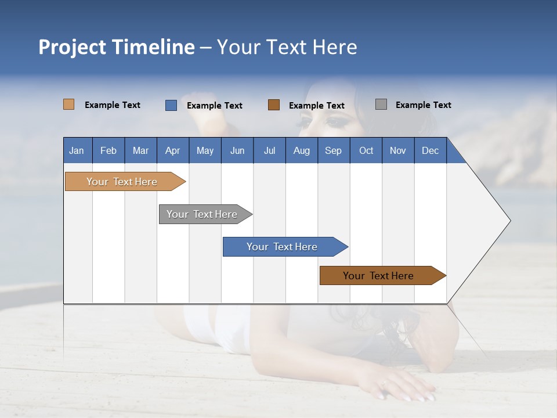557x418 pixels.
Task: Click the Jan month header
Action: (x=77, y=150)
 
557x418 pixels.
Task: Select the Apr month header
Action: (x=172, y=150)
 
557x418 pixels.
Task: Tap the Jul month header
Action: (x=269, y=150)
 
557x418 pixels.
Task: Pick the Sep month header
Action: (x=333, y=150)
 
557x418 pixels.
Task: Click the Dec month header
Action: (x=430, y=150)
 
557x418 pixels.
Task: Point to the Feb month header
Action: (x=108, y=150)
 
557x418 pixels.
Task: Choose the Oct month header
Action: (x=366, y=150)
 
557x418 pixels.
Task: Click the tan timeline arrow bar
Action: (x=122, y=182)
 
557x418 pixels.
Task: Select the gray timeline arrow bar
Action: (x=202, y=214)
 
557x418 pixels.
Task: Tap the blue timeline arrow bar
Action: (x=282, y=247)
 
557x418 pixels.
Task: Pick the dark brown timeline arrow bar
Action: (x=378, y=276)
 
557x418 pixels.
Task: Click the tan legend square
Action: (x=68, y=105)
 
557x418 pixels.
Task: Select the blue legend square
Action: (x=171, y=105)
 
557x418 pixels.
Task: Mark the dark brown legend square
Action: (x=274, y=105)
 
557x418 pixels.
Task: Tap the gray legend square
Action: (x=381, y=105)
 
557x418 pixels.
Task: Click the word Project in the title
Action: (x=71, y=47)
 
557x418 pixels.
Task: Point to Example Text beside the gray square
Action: (x=423, y=105)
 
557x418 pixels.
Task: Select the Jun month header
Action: (x=237, y=150)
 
